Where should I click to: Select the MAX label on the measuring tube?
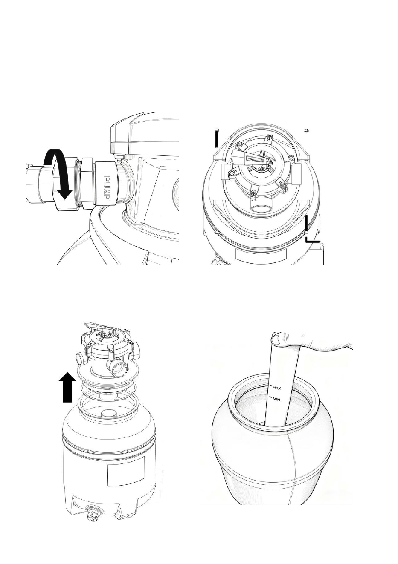pyautogui.click(x=277, y=388)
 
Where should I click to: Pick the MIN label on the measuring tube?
pyautogui.click(x=276, y=400)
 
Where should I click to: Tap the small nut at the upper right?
pyautogui.click(x=306, y=131)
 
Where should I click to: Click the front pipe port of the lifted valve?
pyautogui.click(x=118, y=369)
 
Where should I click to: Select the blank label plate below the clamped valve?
pyautogui.click(x=261, y=255)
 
